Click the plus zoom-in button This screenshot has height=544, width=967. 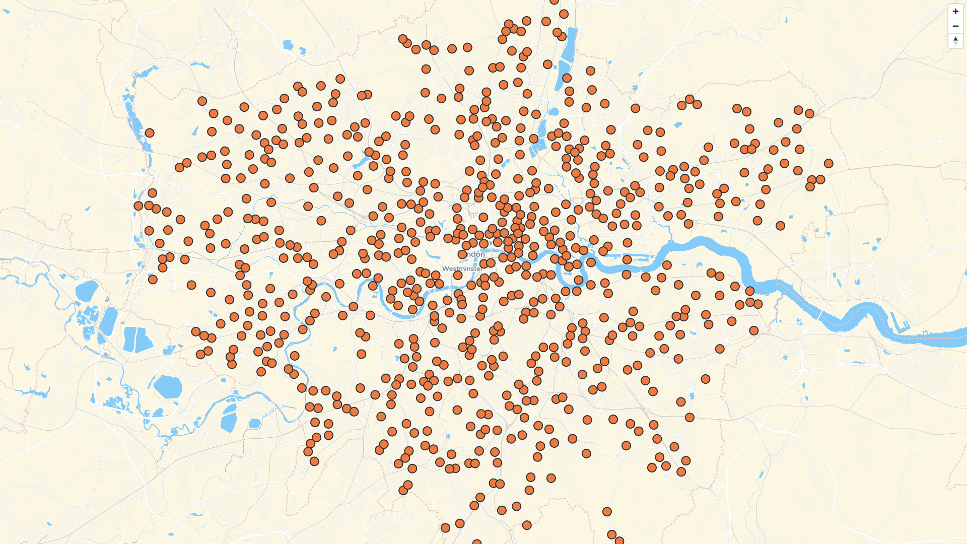click(x=955, y=11)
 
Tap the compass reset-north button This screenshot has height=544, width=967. click(x=955, y=41)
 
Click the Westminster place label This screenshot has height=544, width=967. click(x=461, y=269)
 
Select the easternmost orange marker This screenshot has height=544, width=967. click(x=828, y=163)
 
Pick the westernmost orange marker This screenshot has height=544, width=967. click(x=139, y=206)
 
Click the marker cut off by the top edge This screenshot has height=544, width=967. click(x=554, y=1)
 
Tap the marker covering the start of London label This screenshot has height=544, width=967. click(x=462, y=254)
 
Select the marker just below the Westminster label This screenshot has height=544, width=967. click(x=458, y=275)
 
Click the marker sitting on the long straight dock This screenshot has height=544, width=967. click(x=627, y=259)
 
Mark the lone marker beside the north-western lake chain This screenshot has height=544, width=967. click(x=150, y=133)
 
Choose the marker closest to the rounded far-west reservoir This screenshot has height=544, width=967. click(x=153, y=279)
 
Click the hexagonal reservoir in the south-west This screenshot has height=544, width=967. click(x=168, y=386)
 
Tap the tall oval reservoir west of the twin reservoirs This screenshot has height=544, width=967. click(x=108, y=321)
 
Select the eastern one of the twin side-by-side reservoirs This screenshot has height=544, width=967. click(x=144, y=340)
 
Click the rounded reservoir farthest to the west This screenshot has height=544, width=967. click(x=86, y=291)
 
